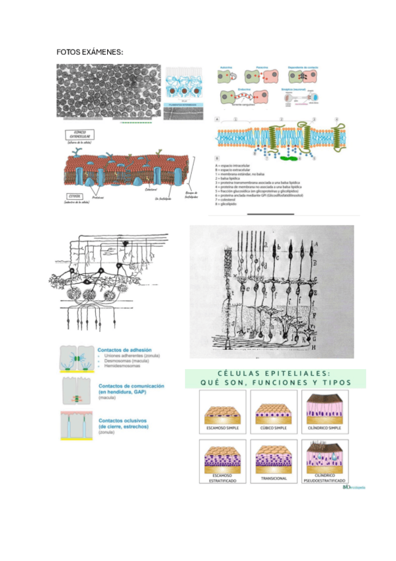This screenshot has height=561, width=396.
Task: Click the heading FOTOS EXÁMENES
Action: tap(90, 52)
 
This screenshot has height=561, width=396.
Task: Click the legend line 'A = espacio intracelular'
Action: tap(244, 165)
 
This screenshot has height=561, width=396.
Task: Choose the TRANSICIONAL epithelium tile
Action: tap(272, 459)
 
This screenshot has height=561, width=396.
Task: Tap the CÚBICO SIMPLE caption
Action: tap(272, 428)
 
